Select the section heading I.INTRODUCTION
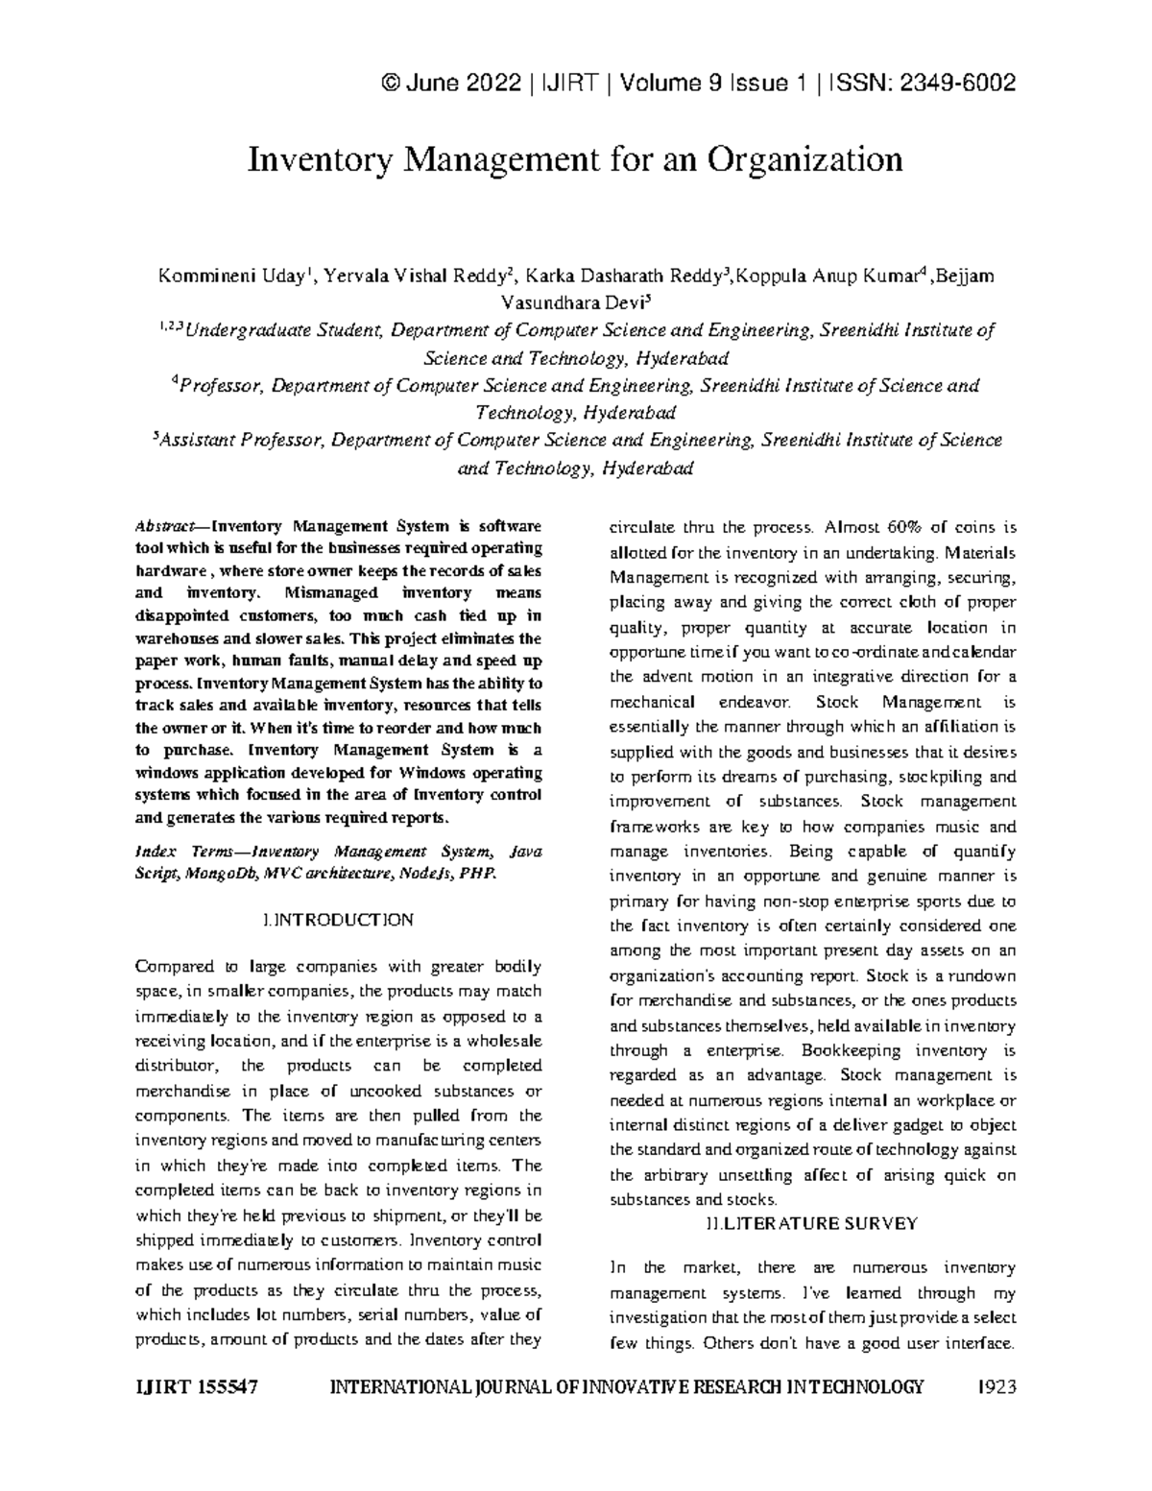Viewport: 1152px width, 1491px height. [x=338, y=920]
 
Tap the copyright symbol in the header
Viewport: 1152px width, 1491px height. [x=390, y=84]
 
